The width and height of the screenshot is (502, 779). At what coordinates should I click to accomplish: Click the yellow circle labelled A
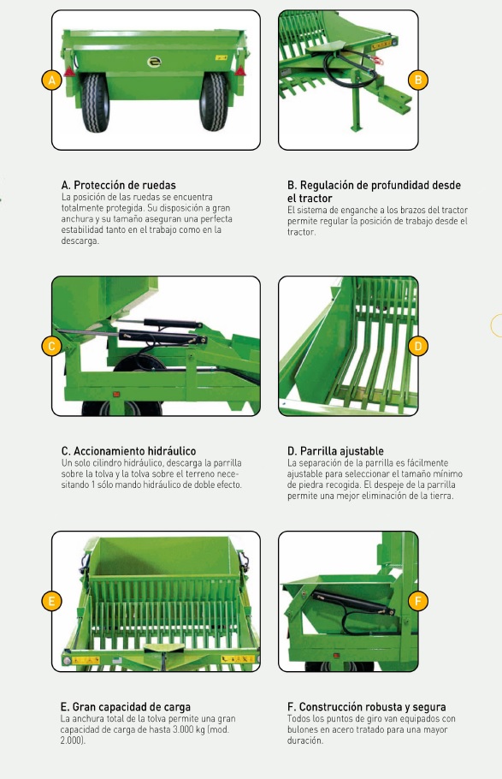coord(51,80)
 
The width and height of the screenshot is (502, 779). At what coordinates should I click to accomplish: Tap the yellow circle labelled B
coord(417,80)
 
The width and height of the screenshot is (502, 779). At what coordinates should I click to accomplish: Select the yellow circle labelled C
coord(51,346)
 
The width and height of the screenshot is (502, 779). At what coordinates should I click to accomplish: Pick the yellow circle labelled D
coord(417,346)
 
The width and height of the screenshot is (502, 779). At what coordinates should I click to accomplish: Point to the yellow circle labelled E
coord(51,601)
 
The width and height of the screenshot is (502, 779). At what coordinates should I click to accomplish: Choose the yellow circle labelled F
coord(417,601)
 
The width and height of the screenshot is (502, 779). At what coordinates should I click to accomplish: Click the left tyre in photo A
coord(95,103)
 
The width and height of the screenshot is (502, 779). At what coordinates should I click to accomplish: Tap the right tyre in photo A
coord(214,102)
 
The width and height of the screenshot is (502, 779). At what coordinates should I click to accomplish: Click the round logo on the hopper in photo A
coord(155,62)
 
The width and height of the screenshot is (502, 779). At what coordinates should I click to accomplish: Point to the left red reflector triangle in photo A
coord(69,72)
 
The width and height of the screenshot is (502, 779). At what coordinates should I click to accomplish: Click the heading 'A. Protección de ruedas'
coord(119,185)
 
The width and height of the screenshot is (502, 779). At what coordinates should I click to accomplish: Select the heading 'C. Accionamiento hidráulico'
coord(128,451)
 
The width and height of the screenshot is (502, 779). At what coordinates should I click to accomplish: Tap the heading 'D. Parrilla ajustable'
coord(335,451)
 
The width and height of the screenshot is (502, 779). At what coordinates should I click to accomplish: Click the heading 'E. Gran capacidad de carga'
coord(126,707)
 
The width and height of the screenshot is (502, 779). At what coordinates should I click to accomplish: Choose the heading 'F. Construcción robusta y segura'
coord(366,707)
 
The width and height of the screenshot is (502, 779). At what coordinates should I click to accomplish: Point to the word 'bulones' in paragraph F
coord(304,730)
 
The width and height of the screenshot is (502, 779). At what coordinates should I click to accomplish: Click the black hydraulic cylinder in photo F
coord(353,603)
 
